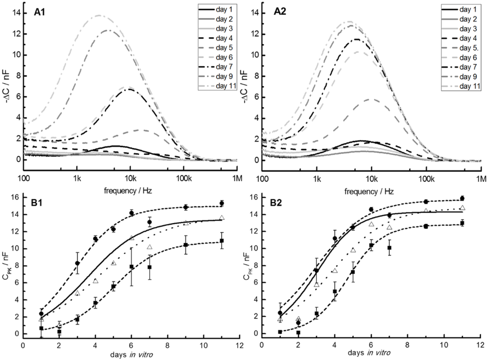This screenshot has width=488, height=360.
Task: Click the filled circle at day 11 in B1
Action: click(222, 203)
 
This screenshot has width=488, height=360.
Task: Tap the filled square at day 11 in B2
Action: click(462, 223)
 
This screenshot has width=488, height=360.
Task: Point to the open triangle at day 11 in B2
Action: click(462, 208)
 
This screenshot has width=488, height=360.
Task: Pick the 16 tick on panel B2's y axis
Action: click(253, 196)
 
